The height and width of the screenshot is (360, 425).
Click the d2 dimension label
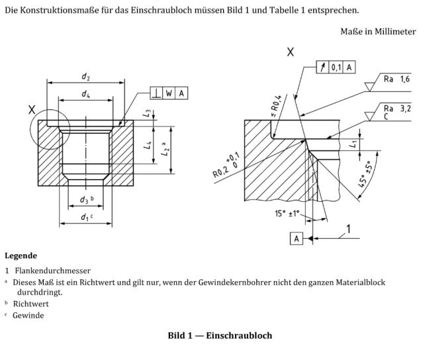[86, 76]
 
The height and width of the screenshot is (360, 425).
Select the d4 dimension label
[86, 95]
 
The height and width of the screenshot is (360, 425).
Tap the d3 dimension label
[85, 200]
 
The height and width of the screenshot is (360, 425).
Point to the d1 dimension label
[85, 217]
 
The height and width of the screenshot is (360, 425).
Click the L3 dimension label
[146, 113]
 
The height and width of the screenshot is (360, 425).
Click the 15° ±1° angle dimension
[287, 213]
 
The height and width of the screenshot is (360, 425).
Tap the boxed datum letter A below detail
[296, 238]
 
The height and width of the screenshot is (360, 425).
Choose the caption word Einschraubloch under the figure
[238, 336]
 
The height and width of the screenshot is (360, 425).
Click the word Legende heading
[21, 255]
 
